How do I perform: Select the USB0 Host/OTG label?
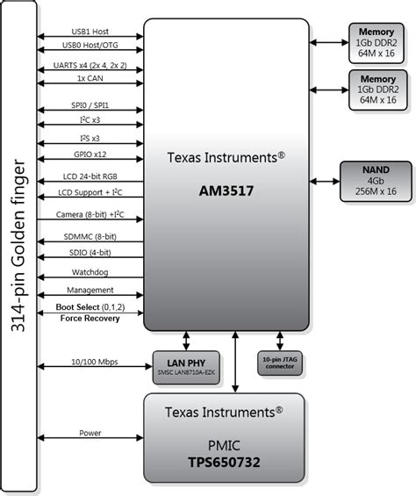(x=90, y=45)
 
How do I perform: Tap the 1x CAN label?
(x=90, y=77)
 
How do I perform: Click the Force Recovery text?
(x=90, y=318)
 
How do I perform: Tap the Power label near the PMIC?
(x=90, y=432)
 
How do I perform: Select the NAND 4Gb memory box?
(x=376, y=180)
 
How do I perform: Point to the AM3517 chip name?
(x=226, y=188)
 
